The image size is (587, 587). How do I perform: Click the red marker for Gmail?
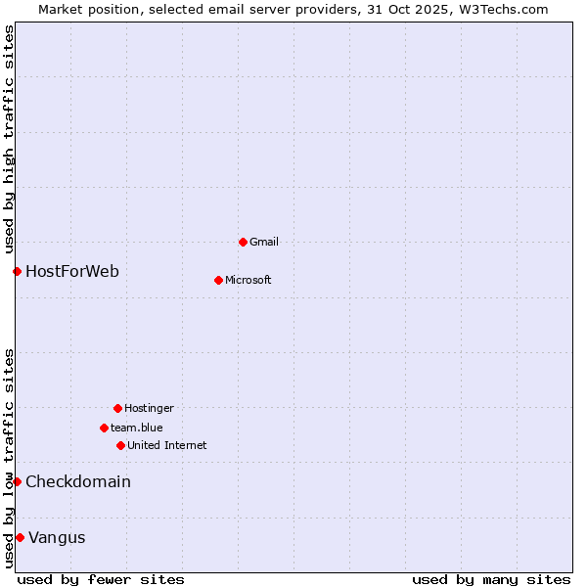[x=243, y=242]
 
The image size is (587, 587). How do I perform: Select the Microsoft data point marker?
[x=218, y=280]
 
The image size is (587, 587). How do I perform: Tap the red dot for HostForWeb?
[x=17, y=271]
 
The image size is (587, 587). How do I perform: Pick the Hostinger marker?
[x=117, y=408]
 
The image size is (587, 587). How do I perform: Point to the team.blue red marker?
[x=104, y=428]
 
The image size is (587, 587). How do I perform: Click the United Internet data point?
[x=120, y=445]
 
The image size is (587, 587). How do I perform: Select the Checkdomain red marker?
[x=17, y=481]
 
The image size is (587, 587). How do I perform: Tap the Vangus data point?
[x=20, y=537]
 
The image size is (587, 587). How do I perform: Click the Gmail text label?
[x=264, y=242]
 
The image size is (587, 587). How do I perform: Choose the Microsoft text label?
[x=248, y=280]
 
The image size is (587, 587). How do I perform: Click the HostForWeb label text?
[x=72, y=271]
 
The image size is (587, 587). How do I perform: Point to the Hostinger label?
[x=149, y=408]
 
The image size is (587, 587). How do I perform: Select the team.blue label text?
[x=137, y=428]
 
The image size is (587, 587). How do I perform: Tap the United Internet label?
[x=167, y=445]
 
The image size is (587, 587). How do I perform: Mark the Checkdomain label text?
[x=78, y=481]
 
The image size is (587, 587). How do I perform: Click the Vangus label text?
[x=57, y=537]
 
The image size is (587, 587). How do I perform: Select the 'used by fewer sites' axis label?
[x=101, y=579]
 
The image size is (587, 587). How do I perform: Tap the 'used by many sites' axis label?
[x=491, y=579]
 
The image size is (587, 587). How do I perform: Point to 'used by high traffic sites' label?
[x=9, y=140]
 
